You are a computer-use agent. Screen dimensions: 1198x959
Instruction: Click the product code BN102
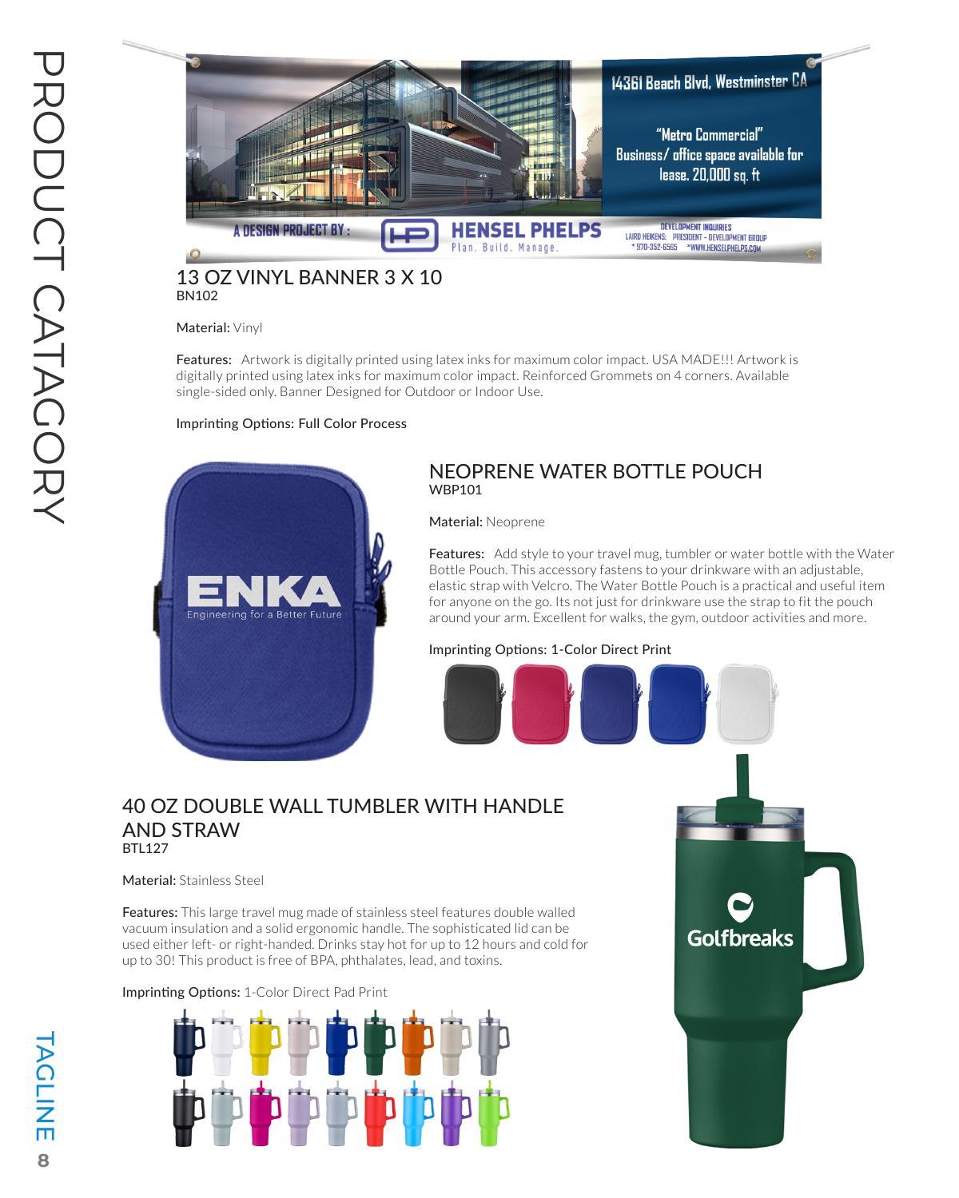click(197, 296)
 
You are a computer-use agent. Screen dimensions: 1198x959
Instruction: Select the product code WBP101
click(456, 490)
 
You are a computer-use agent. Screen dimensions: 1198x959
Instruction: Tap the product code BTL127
click(145, 848)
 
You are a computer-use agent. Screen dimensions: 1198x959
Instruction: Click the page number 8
click(43, 1160)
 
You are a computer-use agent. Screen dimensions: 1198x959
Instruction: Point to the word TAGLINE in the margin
click(45, 1086)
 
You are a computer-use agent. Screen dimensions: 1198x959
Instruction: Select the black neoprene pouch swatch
click(472, 704)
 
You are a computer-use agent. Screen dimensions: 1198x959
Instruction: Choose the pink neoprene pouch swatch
click(540, 704)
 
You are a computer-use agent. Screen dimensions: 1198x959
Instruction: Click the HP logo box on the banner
click(409, 236)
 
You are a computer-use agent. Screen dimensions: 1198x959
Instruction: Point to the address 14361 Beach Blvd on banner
click(709, 82)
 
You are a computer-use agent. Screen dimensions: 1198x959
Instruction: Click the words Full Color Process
click(352, 423)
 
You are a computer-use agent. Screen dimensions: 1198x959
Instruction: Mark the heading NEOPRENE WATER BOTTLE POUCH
click(595, 471)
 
